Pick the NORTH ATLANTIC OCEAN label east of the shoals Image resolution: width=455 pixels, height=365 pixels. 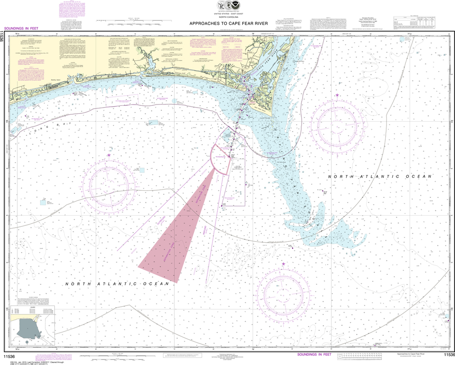(x=379, y=176)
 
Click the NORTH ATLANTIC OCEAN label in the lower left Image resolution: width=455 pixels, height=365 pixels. (x=117, y=284)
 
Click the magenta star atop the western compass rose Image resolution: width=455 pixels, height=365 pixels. (x=109, y=155)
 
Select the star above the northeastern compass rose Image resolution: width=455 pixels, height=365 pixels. (x=337, y=96)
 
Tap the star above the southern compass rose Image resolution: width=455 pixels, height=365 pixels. (x=283, y=265)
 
